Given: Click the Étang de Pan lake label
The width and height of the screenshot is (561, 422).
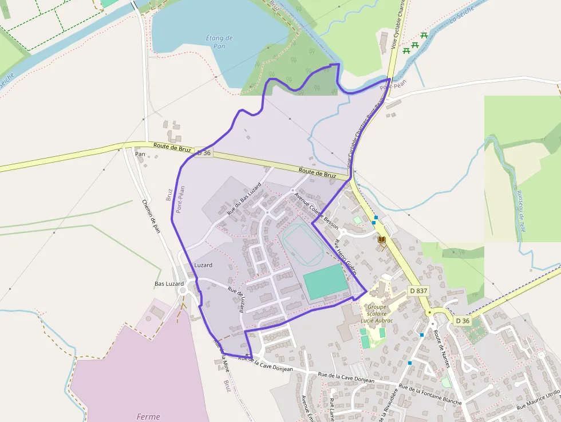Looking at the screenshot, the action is point(219,42).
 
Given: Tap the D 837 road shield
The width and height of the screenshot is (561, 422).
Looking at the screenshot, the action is point(418,291).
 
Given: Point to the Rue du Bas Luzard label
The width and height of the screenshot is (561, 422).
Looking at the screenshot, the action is point(244,198).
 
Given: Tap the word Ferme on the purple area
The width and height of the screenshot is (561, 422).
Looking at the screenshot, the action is point(148,416).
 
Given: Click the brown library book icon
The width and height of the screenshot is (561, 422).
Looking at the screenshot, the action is point(382,239).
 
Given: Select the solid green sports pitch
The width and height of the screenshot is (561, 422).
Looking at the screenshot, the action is point(325,282).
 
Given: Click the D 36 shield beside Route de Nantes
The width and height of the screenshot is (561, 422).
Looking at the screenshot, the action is point(462,321).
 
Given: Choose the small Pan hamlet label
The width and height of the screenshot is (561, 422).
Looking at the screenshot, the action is point(140,154).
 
